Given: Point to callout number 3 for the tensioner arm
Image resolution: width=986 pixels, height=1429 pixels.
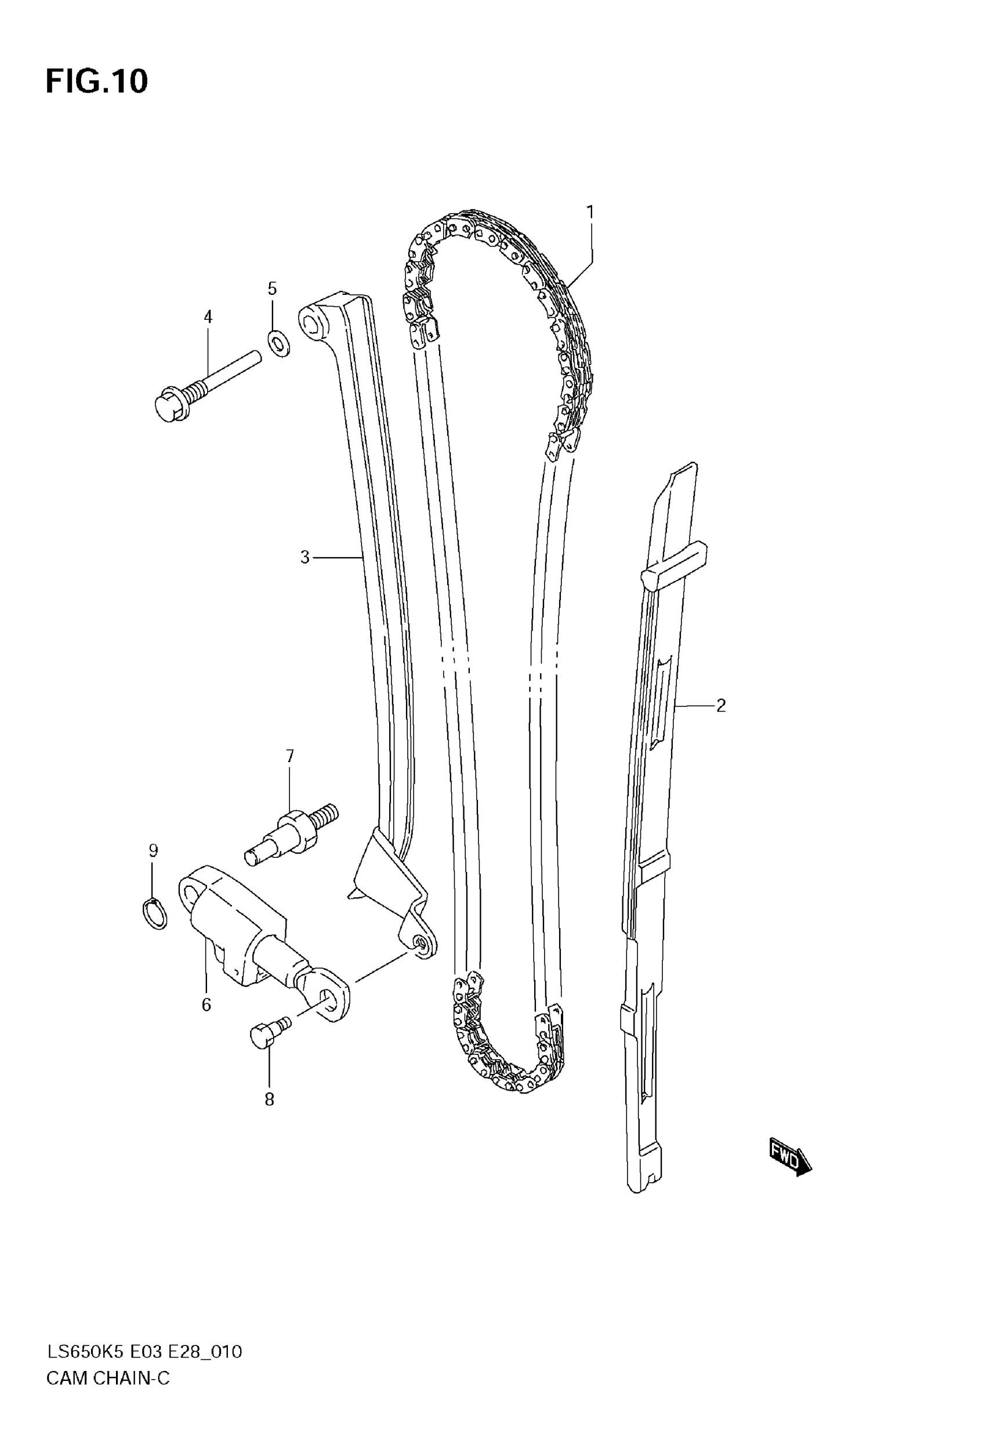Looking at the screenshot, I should pyautogui.click(x=304, y=558).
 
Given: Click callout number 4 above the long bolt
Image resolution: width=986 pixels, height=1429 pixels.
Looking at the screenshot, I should pyautogui.click(x=208, y=317).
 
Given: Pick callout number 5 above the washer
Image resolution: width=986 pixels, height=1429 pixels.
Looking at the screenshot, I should pyautogui.click(x=273, y=288).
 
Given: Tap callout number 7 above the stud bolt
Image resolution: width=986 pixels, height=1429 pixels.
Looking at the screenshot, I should pyautogui.click(x=290, y=756).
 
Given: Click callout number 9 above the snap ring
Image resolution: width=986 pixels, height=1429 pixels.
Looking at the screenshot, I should pyautogui.click(x=153, y=850).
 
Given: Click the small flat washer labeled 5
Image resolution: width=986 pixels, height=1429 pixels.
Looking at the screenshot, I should pyautogui.click(x=279, y=344).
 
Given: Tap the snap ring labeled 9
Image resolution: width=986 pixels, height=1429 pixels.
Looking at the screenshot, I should pyautogui.click(x=154, y=914).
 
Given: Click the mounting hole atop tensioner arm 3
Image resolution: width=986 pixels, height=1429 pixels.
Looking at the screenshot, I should pyautogui.click(x=314, y=323).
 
